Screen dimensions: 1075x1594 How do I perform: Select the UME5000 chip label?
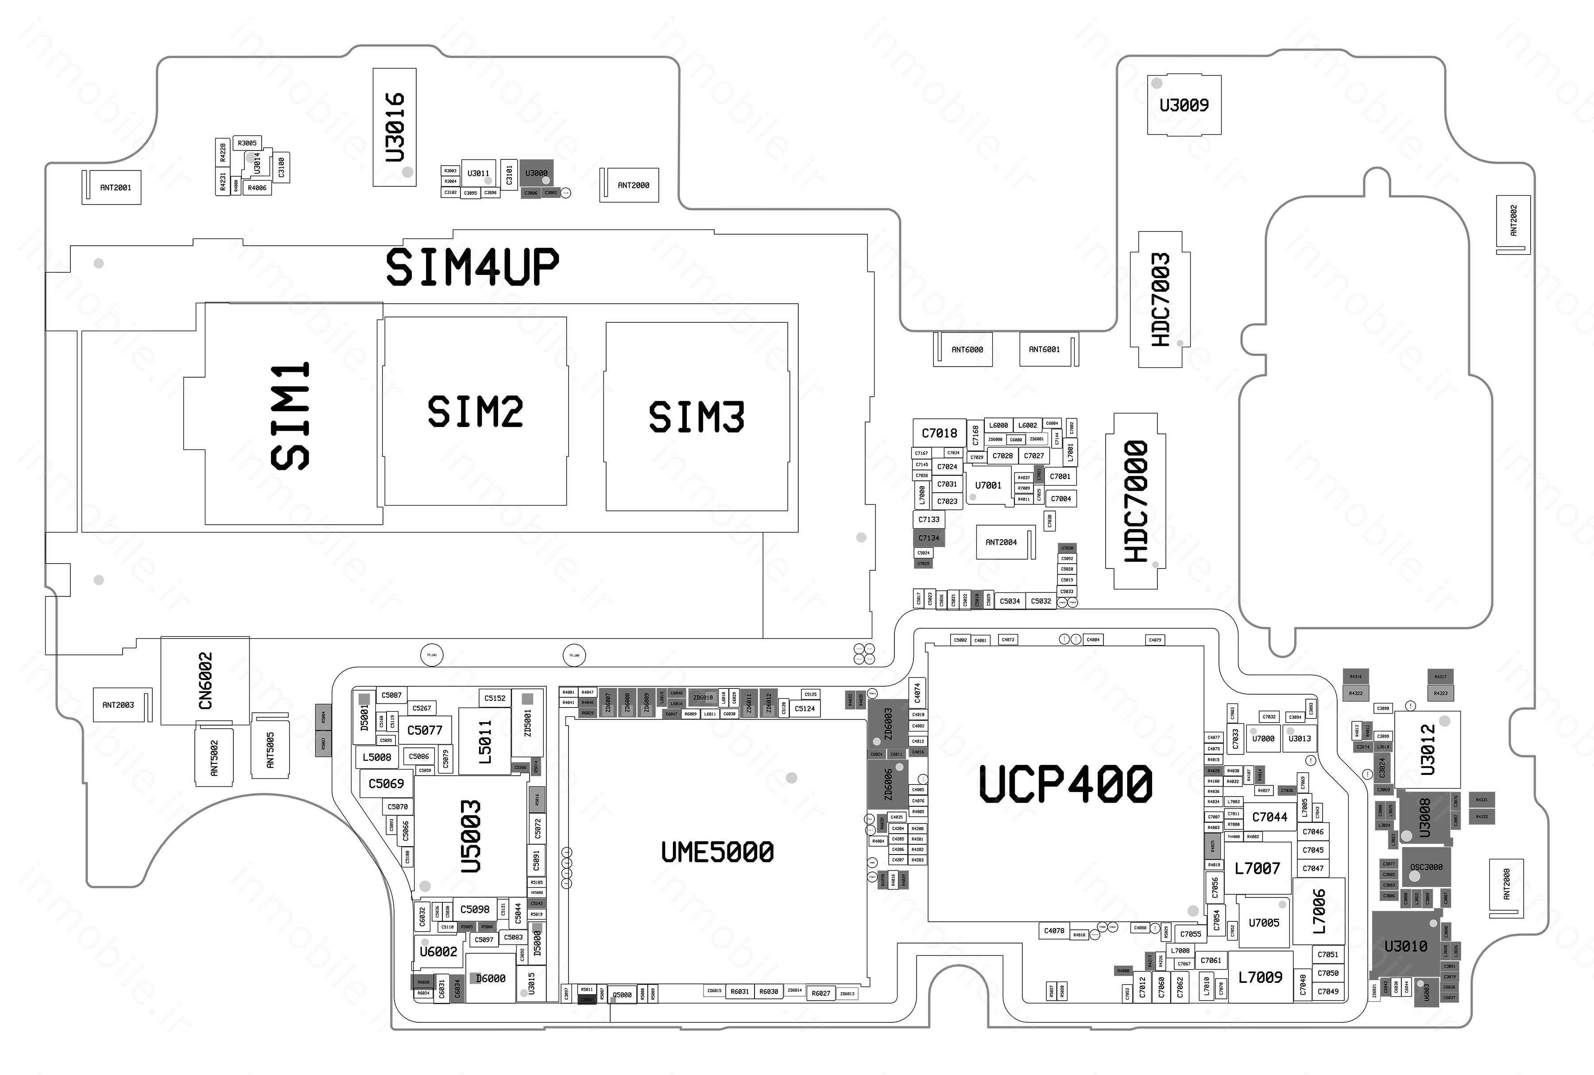pyautogui.click(x=717, y=852)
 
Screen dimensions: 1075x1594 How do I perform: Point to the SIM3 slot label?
pyautogui.click(x=696, y=417)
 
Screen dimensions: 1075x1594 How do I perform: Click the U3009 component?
pyautogui.click(x=1184, y=105)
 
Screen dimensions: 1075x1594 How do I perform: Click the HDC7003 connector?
pyautogui.click(x=1160, y=300)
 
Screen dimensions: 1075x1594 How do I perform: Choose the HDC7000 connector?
pyautogui.click(x=1135, y=501)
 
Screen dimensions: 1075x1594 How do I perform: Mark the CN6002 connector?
pyautogui.click(x=205, y=681)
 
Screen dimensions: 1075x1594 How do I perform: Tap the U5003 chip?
pyautogui.click(x=471, y=836)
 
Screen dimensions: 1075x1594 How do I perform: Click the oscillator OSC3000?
pyautogui.click(x=1426, y=867)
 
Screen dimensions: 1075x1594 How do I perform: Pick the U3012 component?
pyautogui.click(x=1428, y=749)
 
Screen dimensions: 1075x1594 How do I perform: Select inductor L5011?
pyautogui.click(x=485, y=742)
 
